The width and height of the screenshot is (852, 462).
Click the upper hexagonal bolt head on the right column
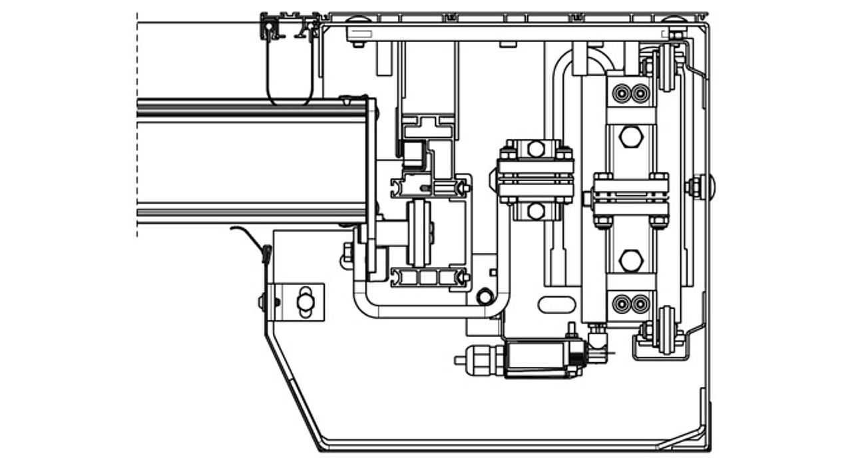point(630,138)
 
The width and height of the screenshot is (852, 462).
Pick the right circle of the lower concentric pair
point(640,304)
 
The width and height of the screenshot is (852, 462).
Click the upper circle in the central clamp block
point(536,149)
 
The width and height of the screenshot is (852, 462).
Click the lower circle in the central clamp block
point(536,212)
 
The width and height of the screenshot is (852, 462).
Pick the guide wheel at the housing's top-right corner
point(666,67)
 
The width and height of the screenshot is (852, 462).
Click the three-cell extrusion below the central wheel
point(429,276)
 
